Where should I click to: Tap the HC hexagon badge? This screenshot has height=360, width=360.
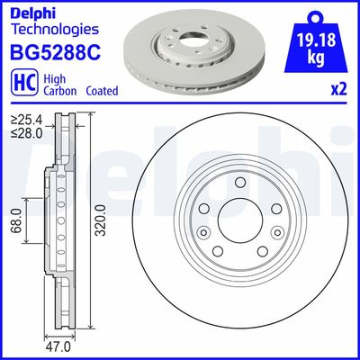point(22,83)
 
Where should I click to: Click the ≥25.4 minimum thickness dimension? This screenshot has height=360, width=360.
point(25,119)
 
